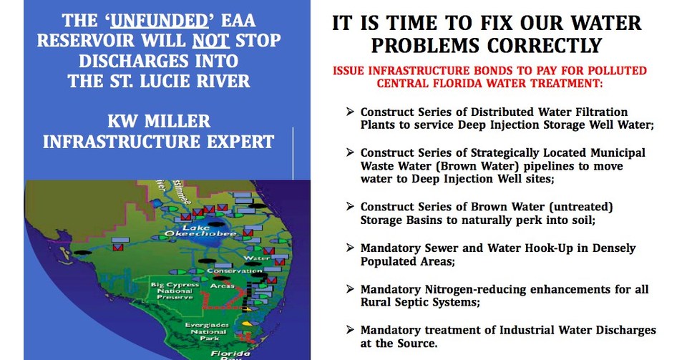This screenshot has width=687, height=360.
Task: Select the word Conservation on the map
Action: coord(229,271)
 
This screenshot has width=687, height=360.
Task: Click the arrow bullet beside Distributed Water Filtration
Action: coord(349,112)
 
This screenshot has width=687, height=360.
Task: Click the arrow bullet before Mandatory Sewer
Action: coord(349,248)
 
